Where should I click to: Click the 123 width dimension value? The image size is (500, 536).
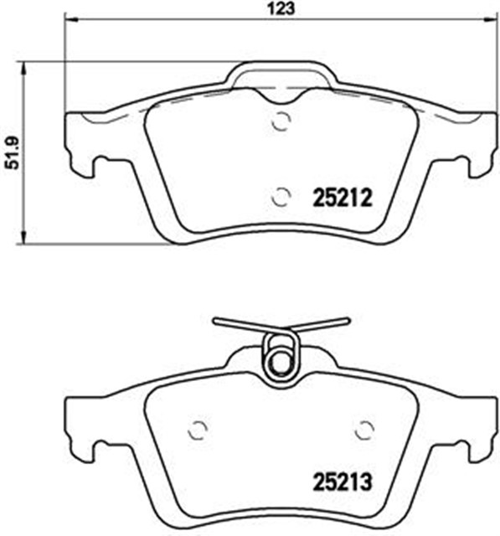[281, 8]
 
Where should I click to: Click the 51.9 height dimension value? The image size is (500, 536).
[13, 152]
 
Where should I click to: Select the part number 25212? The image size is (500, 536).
[343, 198]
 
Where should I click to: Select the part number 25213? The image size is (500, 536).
[343, 482]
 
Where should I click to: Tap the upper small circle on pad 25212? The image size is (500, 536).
[281, 121]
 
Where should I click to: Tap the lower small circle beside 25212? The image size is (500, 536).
[281, 198]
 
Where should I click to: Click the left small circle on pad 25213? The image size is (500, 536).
[198, 430]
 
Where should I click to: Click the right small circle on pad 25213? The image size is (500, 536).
[364, 430]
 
